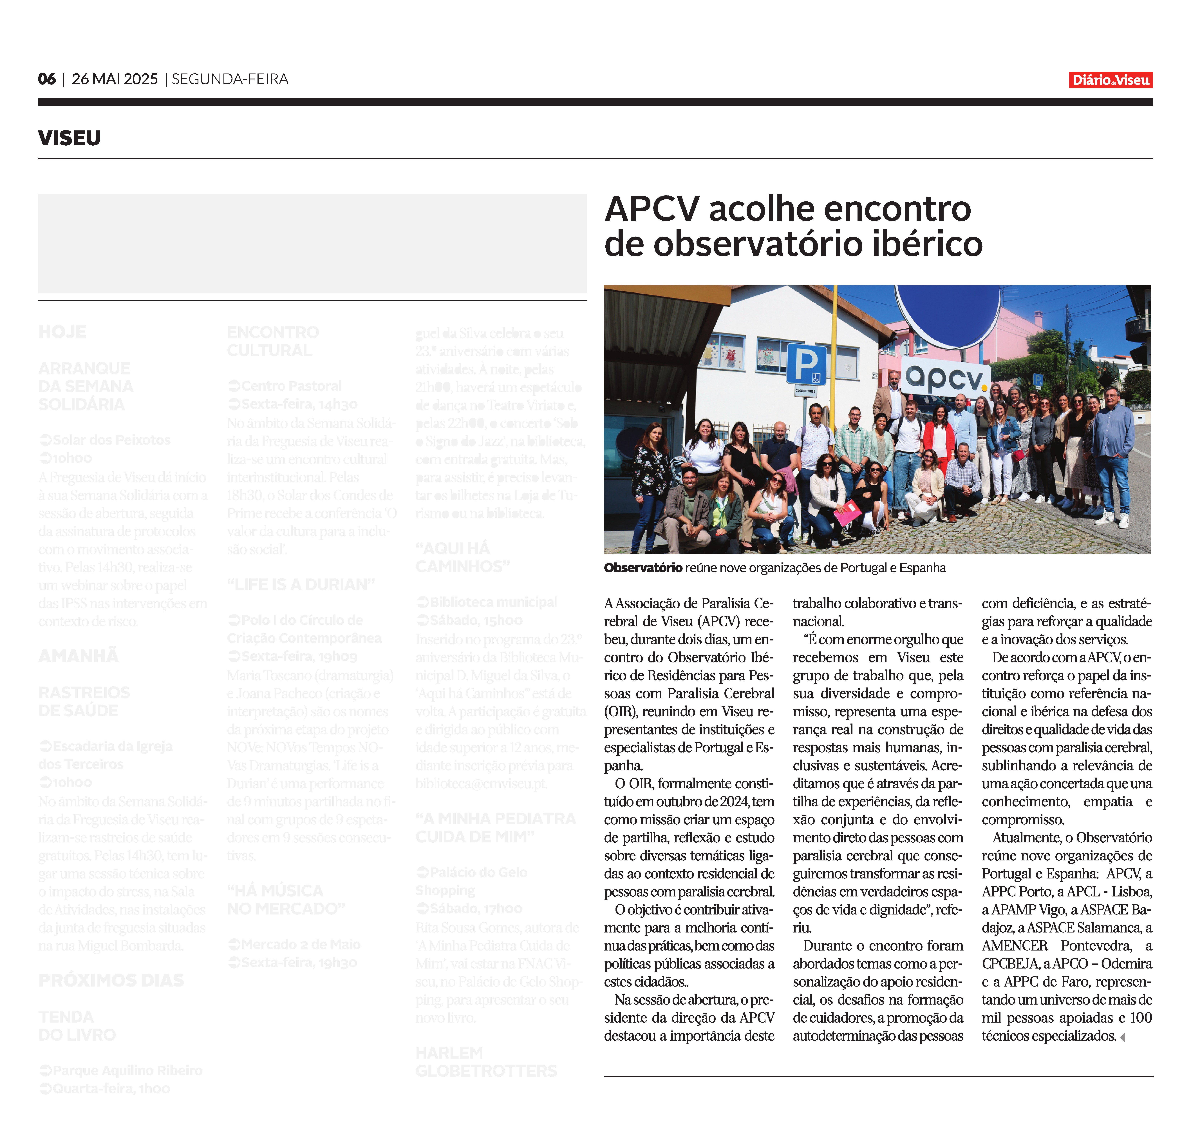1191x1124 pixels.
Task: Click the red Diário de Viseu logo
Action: click(x=1110, y=80)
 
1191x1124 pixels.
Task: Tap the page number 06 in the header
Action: click(x=47, y=79)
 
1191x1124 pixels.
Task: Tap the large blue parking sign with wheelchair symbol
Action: click(x=806, y=364)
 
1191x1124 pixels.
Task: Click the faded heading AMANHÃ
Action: click(x=79, y=656)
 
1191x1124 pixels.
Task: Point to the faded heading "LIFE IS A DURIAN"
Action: click(x=301, y=584)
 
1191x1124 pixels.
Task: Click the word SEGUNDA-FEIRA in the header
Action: click(x=230, y=79)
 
